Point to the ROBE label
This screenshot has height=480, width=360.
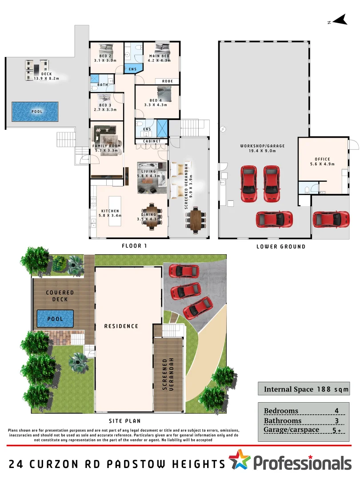point(167,81)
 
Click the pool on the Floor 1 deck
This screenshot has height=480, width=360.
point(35,112)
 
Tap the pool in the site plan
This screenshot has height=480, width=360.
point(55,319)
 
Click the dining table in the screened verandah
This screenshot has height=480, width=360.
point(196,220)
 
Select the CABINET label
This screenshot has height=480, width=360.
point(151,141)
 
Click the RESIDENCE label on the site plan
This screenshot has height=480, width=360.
point(121,326)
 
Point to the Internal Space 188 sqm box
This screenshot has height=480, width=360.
point(303,389)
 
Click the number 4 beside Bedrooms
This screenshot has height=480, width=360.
point(336,411)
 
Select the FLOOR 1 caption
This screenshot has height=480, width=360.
point(134,246)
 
